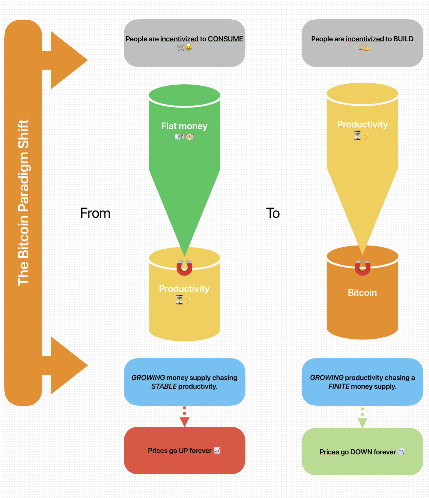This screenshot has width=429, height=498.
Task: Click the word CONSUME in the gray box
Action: coord(225,39)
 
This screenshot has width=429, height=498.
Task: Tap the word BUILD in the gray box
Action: coord(403,39)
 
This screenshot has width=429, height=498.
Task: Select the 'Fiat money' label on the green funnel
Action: coord(184,126)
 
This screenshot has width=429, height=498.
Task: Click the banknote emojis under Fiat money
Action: coord(185,137)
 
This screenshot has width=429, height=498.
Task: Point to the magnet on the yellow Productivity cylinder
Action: coord(184,267)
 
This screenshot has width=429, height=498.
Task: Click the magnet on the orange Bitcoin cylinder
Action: coord(362,267)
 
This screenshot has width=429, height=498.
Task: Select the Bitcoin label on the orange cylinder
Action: coord(362,292)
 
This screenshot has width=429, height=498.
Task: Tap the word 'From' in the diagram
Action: coord(95,213)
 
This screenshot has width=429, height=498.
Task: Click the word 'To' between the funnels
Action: coord(273,213)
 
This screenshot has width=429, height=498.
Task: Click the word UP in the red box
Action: coord(184,451)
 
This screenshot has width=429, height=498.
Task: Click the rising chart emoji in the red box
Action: coord(217,450)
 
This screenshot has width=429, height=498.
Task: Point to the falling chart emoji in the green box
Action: coord(401,452)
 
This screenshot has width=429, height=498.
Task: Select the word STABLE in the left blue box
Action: coord(164,386)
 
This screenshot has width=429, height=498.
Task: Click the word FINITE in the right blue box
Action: coord(339,386)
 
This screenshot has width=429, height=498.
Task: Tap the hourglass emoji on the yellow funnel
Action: coord(357,136)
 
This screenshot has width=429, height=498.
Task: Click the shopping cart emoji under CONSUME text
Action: coord(181,47)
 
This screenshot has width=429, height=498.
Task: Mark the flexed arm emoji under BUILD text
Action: coord(366,47)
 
